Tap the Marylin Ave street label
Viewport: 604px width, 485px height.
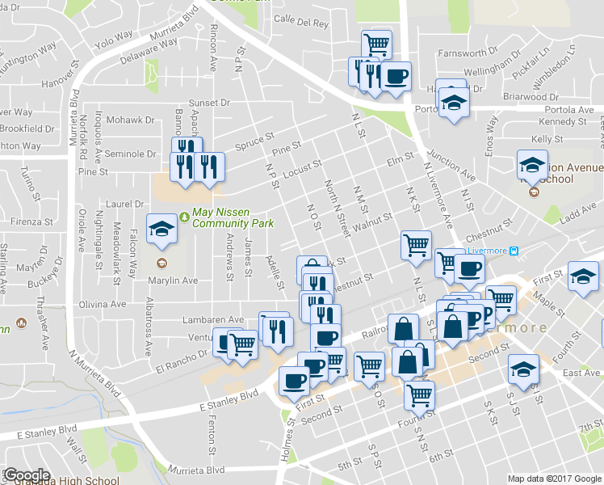[174, 280]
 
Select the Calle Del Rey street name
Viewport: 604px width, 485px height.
[301, 23]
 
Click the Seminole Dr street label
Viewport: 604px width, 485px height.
[130, 154]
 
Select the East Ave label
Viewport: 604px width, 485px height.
[581, 373]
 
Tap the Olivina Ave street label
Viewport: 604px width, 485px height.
[102, 305]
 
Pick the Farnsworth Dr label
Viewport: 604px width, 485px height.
[463, 53]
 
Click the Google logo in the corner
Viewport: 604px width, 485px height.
[26, 475]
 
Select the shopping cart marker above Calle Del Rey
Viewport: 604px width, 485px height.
[376, 44]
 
